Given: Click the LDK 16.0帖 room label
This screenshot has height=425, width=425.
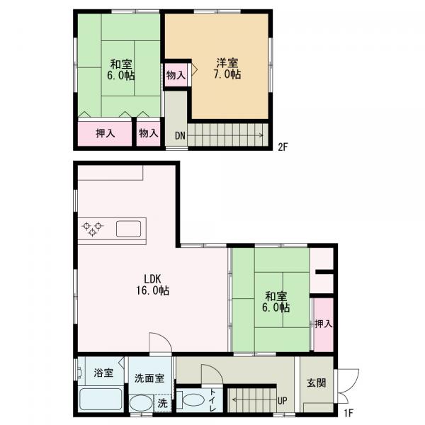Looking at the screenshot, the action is [152, 284].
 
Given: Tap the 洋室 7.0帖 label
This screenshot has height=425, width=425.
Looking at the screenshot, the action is [227, 69].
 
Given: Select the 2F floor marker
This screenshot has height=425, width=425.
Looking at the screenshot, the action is [283, 147].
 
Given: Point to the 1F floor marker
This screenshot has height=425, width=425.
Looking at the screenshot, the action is [348, 413].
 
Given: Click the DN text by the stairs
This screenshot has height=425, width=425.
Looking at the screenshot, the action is [180, 135].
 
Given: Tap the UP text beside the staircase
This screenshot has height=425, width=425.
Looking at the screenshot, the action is [282, 400].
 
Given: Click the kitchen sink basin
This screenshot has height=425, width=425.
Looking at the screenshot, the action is [128, 229].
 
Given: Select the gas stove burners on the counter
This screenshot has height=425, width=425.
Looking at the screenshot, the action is [92, 229].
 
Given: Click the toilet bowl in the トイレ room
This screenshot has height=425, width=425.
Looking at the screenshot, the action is [193, 399].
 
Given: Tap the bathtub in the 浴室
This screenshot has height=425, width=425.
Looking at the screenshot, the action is [101, 399].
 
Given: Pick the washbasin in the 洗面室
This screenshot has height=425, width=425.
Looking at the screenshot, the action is [141, 403].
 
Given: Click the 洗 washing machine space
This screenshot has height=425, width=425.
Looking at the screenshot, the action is [162, 403].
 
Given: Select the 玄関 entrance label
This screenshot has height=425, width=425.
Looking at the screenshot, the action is [317, 382].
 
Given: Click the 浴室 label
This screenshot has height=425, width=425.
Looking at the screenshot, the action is [103, 373].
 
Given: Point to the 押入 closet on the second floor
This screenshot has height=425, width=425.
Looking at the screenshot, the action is [105, 134].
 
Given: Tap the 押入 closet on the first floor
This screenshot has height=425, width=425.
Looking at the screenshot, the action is [324, 324].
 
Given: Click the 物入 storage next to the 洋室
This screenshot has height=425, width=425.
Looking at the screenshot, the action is [176, 75].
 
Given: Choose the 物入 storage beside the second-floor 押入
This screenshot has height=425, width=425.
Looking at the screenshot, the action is [148, 134].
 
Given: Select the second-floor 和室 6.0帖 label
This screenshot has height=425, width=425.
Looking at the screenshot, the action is [121, 70].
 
